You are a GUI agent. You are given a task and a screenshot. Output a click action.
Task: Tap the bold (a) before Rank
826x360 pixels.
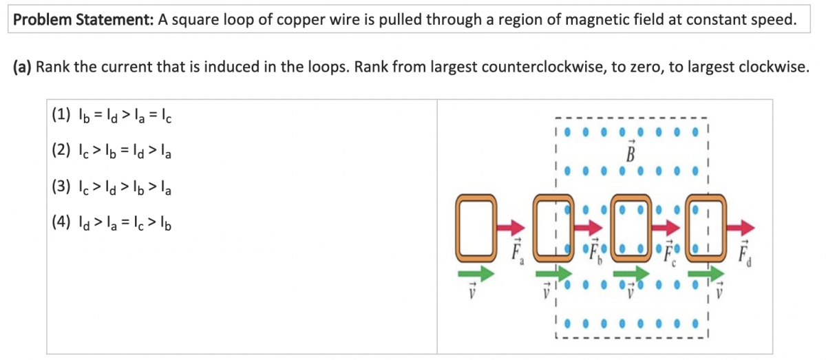[x=23, y=67]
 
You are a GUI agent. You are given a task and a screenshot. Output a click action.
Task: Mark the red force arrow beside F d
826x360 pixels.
[x=741, y=228]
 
